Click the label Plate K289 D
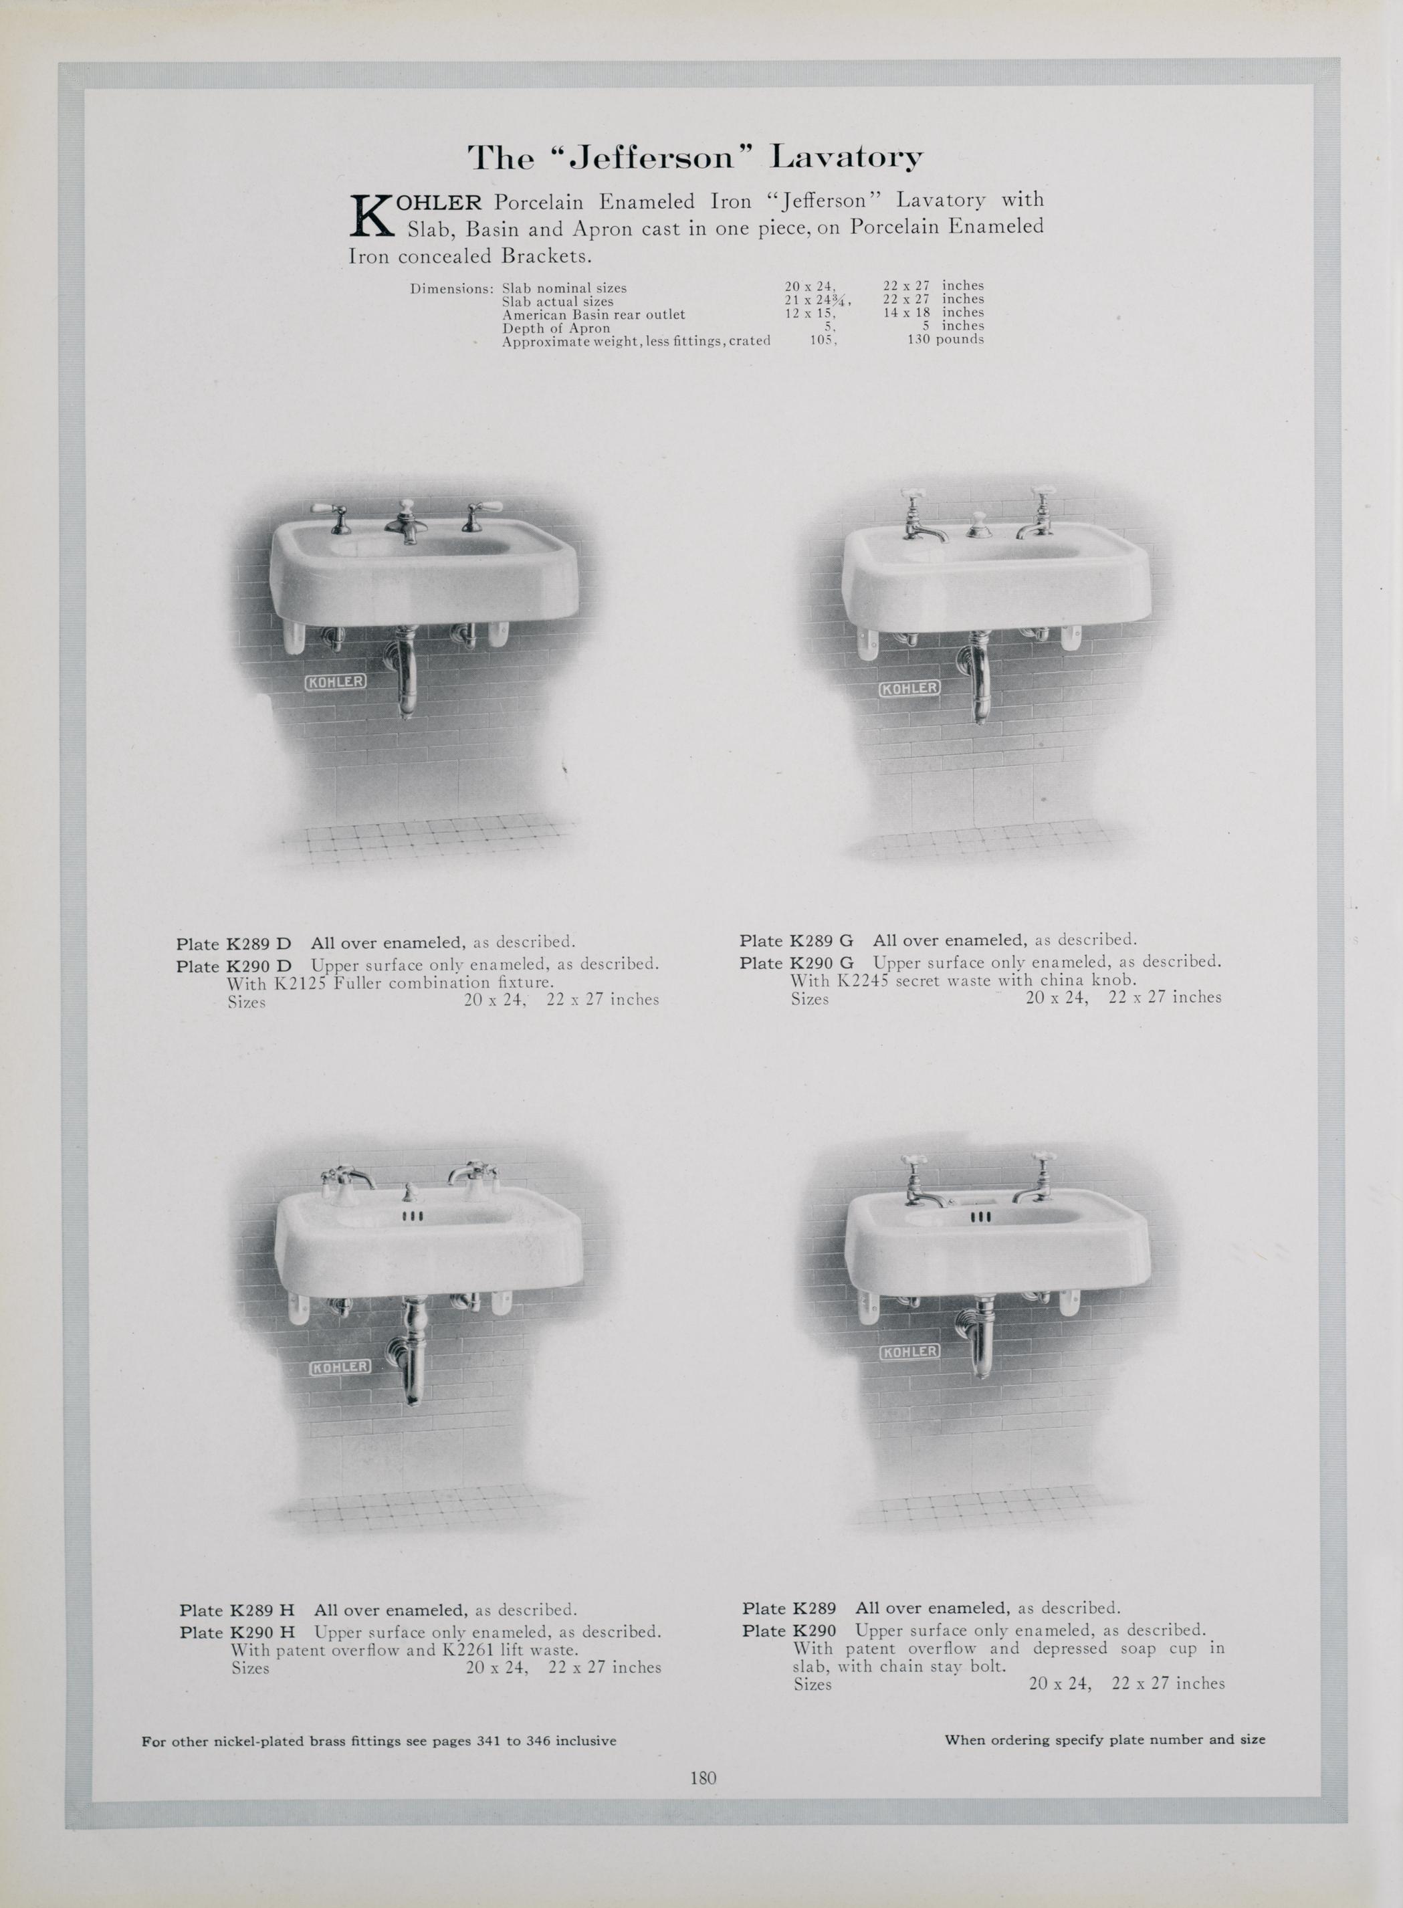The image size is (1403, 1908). click(x=233, y=944)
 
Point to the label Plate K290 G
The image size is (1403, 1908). click(x=796, y=963)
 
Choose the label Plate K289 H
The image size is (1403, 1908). click(x=237, y=1610)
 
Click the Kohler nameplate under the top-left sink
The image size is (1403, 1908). click(x=336, y=682)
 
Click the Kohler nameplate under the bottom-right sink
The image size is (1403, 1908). click(x=909, y=1351)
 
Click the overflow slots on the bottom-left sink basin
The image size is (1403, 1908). click(x=412, y=1216)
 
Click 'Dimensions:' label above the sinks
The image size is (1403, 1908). click(x=452, y=289)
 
